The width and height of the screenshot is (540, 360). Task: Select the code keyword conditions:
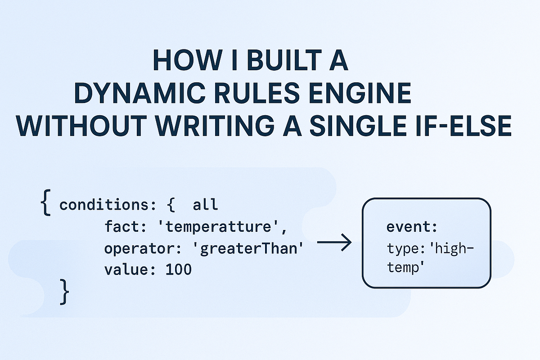point(108,205)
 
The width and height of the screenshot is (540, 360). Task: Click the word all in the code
point(205,205)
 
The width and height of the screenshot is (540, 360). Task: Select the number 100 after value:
point(179,270)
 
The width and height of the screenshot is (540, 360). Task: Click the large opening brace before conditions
point(45,203)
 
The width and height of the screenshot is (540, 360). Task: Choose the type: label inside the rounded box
point(402,248)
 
